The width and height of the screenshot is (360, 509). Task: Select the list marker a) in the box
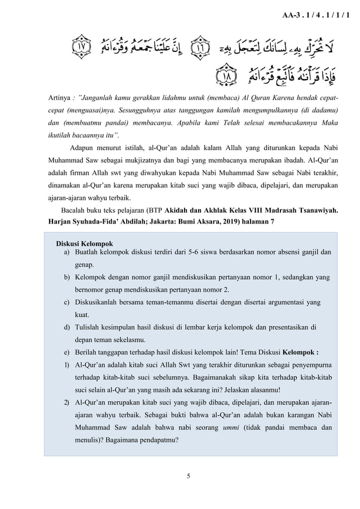pos(67,252)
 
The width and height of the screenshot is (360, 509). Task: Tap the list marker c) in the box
pos(67,302)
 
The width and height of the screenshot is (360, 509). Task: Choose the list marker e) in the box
pos(67,352)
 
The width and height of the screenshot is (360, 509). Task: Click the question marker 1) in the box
pos(67,365)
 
